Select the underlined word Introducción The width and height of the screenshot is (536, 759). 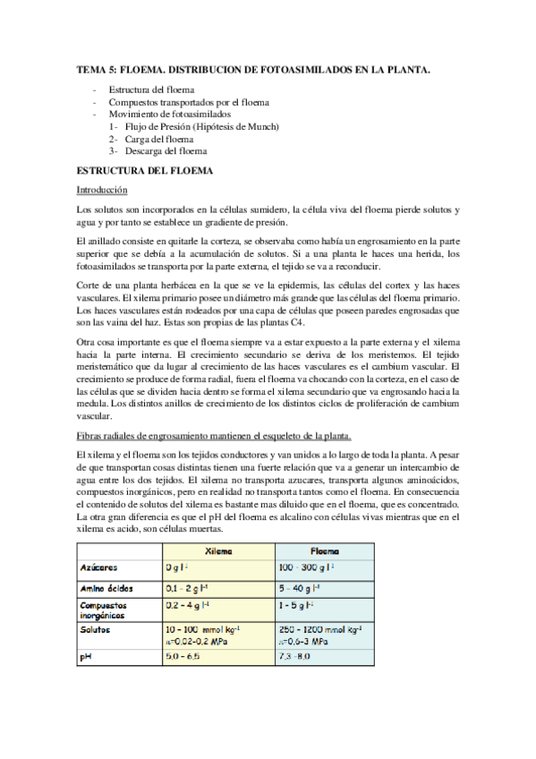pyautogui.click(x=102, y=190)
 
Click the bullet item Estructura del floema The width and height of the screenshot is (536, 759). pyautogui.click(x=151, y=90)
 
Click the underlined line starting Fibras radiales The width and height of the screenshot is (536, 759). pyautogui.click(x=215, y=436)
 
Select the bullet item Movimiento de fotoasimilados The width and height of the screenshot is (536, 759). pyautogui.click(x=169, y=115)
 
